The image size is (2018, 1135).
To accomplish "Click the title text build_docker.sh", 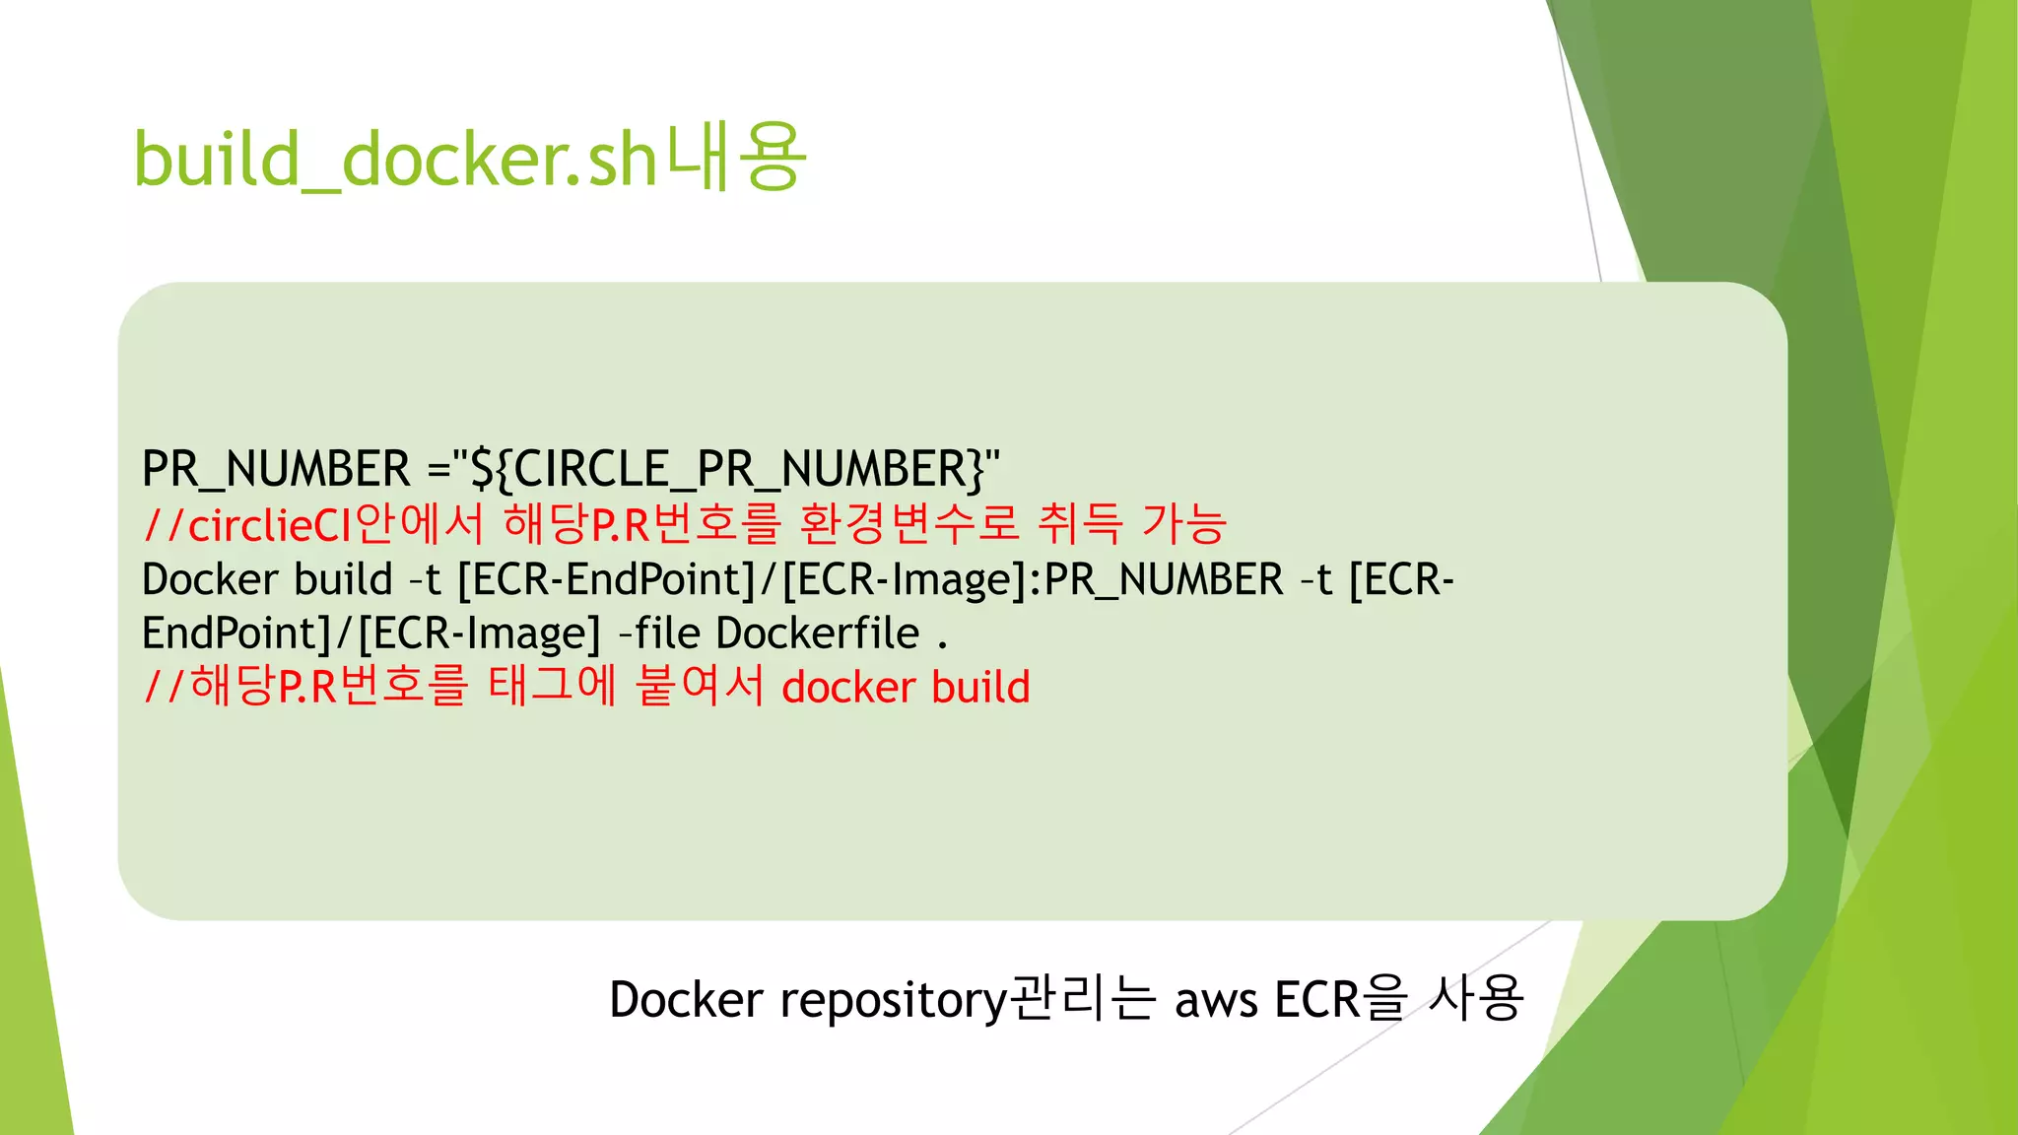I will coord(394,160).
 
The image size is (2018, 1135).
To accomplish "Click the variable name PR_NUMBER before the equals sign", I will coord(276,469).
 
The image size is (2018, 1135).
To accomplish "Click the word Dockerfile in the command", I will coord(817,634).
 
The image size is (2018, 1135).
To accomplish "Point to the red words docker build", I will coord(906,688).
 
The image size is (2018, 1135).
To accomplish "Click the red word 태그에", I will coord(552,686).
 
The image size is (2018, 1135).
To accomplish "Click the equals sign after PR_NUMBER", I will coord(438,469).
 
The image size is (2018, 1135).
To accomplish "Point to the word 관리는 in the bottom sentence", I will coord(1082,998).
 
